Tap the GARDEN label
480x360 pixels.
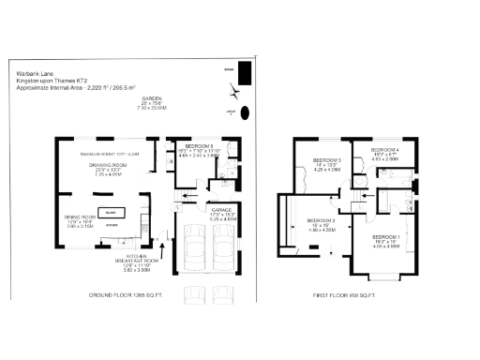(x=153, y=98)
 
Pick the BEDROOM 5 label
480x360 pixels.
(x=199, y=146)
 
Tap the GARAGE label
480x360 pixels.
(x=221, y=210)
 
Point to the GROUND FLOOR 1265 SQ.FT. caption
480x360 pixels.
(x=126, y=295)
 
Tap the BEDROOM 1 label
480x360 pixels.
(x=386, y=236)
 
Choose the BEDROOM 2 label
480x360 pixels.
(x=321, y=220)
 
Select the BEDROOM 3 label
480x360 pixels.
(x=326, y=161)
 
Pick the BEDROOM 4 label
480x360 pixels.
(x=384, y=150)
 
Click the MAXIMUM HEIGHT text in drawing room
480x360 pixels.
(x=109, y=153)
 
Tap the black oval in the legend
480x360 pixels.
(x=246, y=112)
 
